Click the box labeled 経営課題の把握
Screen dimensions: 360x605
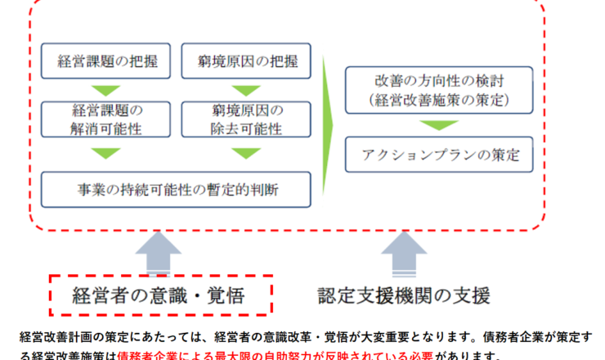tap(105, 61)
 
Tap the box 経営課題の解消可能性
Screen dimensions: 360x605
tap(105, 119)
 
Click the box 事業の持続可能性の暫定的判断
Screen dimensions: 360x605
tap(176, 189)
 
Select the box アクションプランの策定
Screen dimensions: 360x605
tap(438, 155)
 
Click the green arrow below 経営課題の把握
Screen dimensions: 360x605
tap(105, 89)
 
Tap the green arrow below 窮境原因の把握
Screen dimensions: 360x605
tap(247, 89)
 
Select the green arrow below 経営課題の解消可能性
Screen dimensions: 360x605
tap(105, 154)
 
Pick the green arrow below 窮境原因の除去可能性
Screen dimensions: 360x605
tap(247, 154)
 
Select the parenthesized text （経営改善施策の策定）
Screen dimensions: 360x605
tap(438, 101)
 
